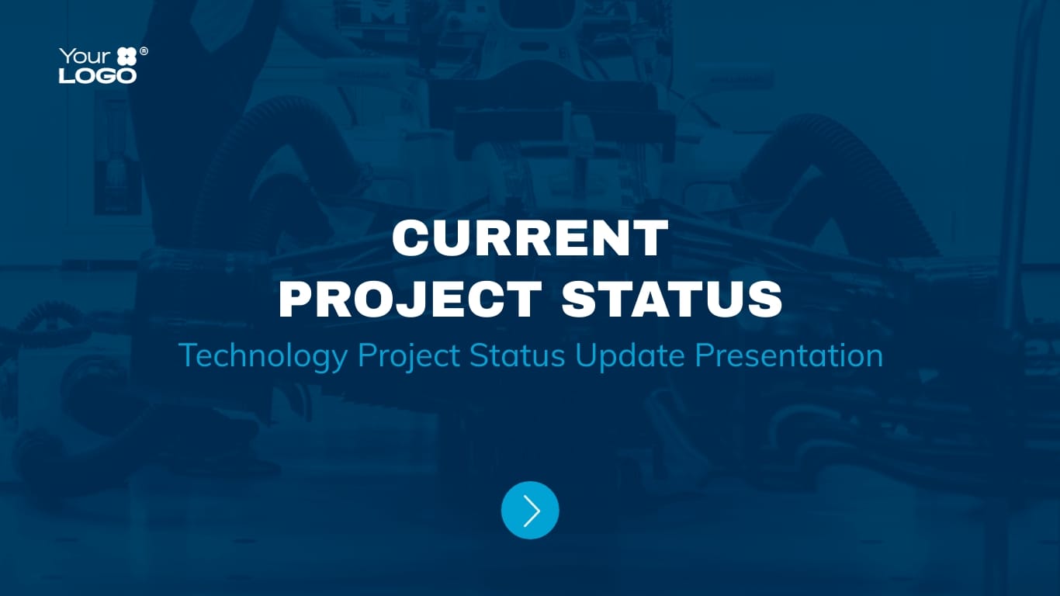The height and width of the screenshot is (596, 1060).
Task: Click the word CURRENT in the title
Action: click(x=530, y=238)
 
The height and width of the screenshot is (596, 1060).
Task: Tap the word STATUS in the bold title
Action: click(x=672, y=299)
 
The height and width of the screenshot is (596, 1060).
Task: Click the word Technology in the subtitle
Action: click(x=263, y=356)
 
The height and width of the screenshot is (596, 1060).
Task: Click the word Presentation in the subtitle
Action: click(x=788, y=355)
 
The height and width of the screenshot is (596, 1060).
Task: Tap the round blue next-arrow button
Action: click(x=530, y=510)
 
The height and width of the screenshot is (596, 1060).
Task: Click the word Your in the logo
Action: click(x=79, y=57)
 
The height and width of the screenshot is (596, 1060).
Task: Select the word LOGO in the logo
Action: click(x=98, y=75)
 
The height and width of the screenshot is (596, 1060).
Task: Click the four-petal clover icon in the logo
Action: click(x=126, y=57)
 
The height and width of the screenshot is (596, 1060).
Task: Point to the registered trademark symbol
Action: click(x=144, y=51)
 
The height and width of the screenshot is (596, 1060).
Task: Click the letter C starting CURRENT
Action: click(x=410, y=238)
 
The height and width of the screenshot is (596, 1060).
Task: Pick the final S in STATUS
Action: click(x=764, y=299)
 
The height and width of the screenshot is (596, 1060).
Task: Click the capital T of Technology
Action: click(x=187, y=355)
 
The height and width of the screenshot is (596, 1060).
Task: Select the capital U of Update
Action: click(x=586, y=355)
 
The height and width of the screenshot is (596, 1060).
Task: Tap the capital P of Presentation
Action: click(x=703, y=355)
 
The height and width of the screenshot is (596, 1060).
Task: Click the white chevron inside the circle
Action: click(x=532, y=510)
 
